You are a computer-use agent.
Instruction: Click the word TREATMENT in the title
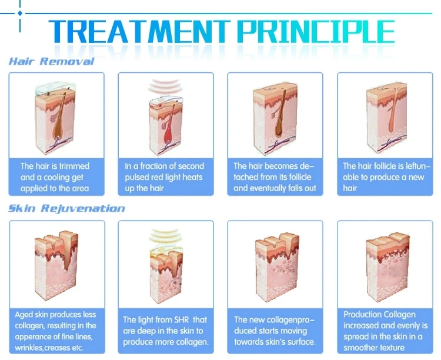(x=139, y=31)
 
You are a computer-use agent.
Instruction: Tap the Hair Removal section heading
(x=51, y=61)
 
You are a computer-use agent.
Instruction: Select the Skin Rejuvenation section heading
(x=66, y=209)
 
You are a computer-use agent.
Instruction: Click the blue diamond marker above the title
(x=20, y=13)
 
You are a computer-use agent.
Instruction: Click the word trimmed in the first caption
(x=74, y=166)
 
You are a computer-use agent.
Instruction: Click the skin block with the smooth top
(x=387, y=268)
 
